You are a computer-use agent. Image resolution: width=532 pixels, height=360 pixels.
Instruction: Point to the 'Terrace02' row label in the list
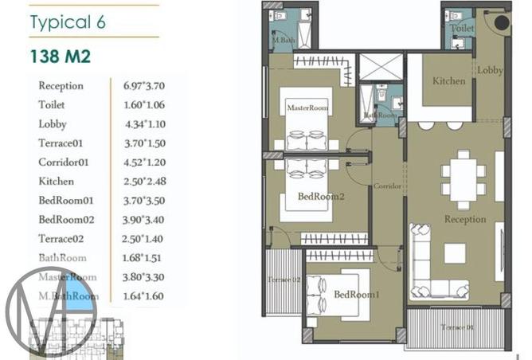point(62,238)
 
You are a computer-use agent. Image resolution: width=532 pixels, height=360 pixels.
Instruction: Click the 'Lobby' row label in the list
point(52,123)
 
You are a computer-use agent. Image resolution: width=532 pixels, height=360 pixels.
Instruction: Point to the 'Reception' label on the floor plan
point(464,219)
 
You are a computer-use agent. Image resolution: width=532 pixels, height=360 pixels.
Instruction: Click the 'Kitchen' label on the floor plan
point(448,81)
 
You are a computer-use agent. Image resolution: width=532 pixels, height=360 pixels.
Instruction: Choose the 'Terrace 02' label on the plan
point(284,280)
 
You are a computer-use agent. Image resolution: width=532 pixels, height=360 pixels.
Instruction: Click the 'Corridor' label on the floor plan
point(387,186)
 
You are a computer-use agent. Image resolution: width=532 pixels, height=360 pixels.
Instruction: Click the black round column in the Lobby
point(502,23)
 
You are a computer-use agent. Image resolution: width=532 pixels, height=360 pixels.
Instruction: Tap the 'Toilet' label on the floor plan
point(461,29)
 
